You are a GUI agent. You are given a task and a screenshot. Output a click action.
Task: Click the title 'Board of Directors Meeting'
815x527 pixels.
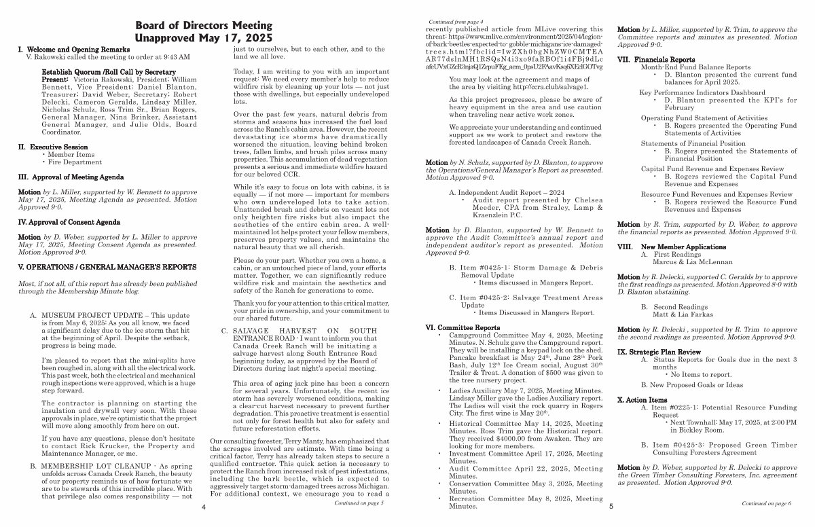click(203, 26)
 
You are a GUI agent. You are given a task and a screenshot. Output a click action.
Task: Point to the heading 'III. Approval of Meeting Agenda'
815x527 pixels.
click(71, 177)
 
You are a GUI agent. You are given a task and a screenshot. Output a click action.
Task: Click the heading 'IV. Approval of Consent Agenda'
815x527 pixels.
click(69, 222)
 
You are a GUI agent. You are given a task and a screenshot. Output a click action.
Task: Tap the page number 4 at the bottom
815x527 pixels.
click(203, 507)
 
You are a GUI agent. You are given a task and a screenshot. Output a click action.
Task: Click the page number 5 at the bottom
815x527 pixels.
click(611, 507)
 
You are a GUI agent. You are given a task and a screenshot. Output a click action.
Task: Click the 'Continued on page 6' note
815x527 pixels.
click(766, 503)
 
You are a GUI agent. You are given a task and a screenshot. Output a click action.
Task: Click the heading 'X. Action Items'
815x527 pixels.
click(642, 400)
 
